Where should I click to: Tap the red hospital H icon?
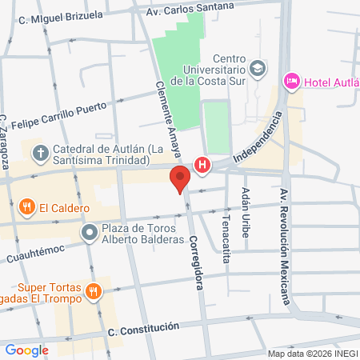[x=203, y=166]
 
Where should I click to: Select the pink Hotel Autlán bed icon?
[x=291, y=80]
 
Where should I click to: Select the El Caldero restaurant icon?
[x=27, y=207]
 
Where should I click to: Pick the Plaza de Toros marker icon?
[x=89, y=233]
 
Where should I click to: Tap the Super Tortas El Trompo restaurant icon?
[x=94, y=292]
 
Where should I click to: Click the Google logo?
[x=26, y=350]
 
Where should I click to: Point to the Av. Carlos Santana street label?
[x=196, y=10]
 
